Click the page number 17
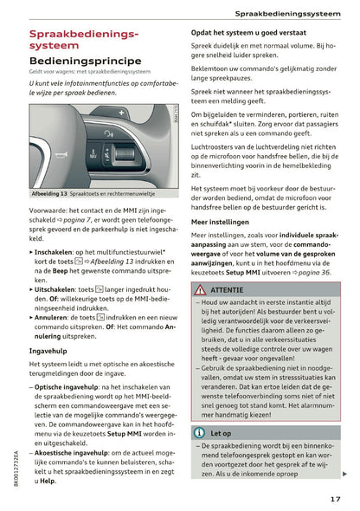335,498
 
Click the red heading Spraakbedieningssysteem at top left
78,39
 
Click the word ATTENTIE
227,290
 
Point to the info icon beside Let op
198,432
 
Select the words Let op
221,432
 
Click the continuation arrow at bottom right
345,474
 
